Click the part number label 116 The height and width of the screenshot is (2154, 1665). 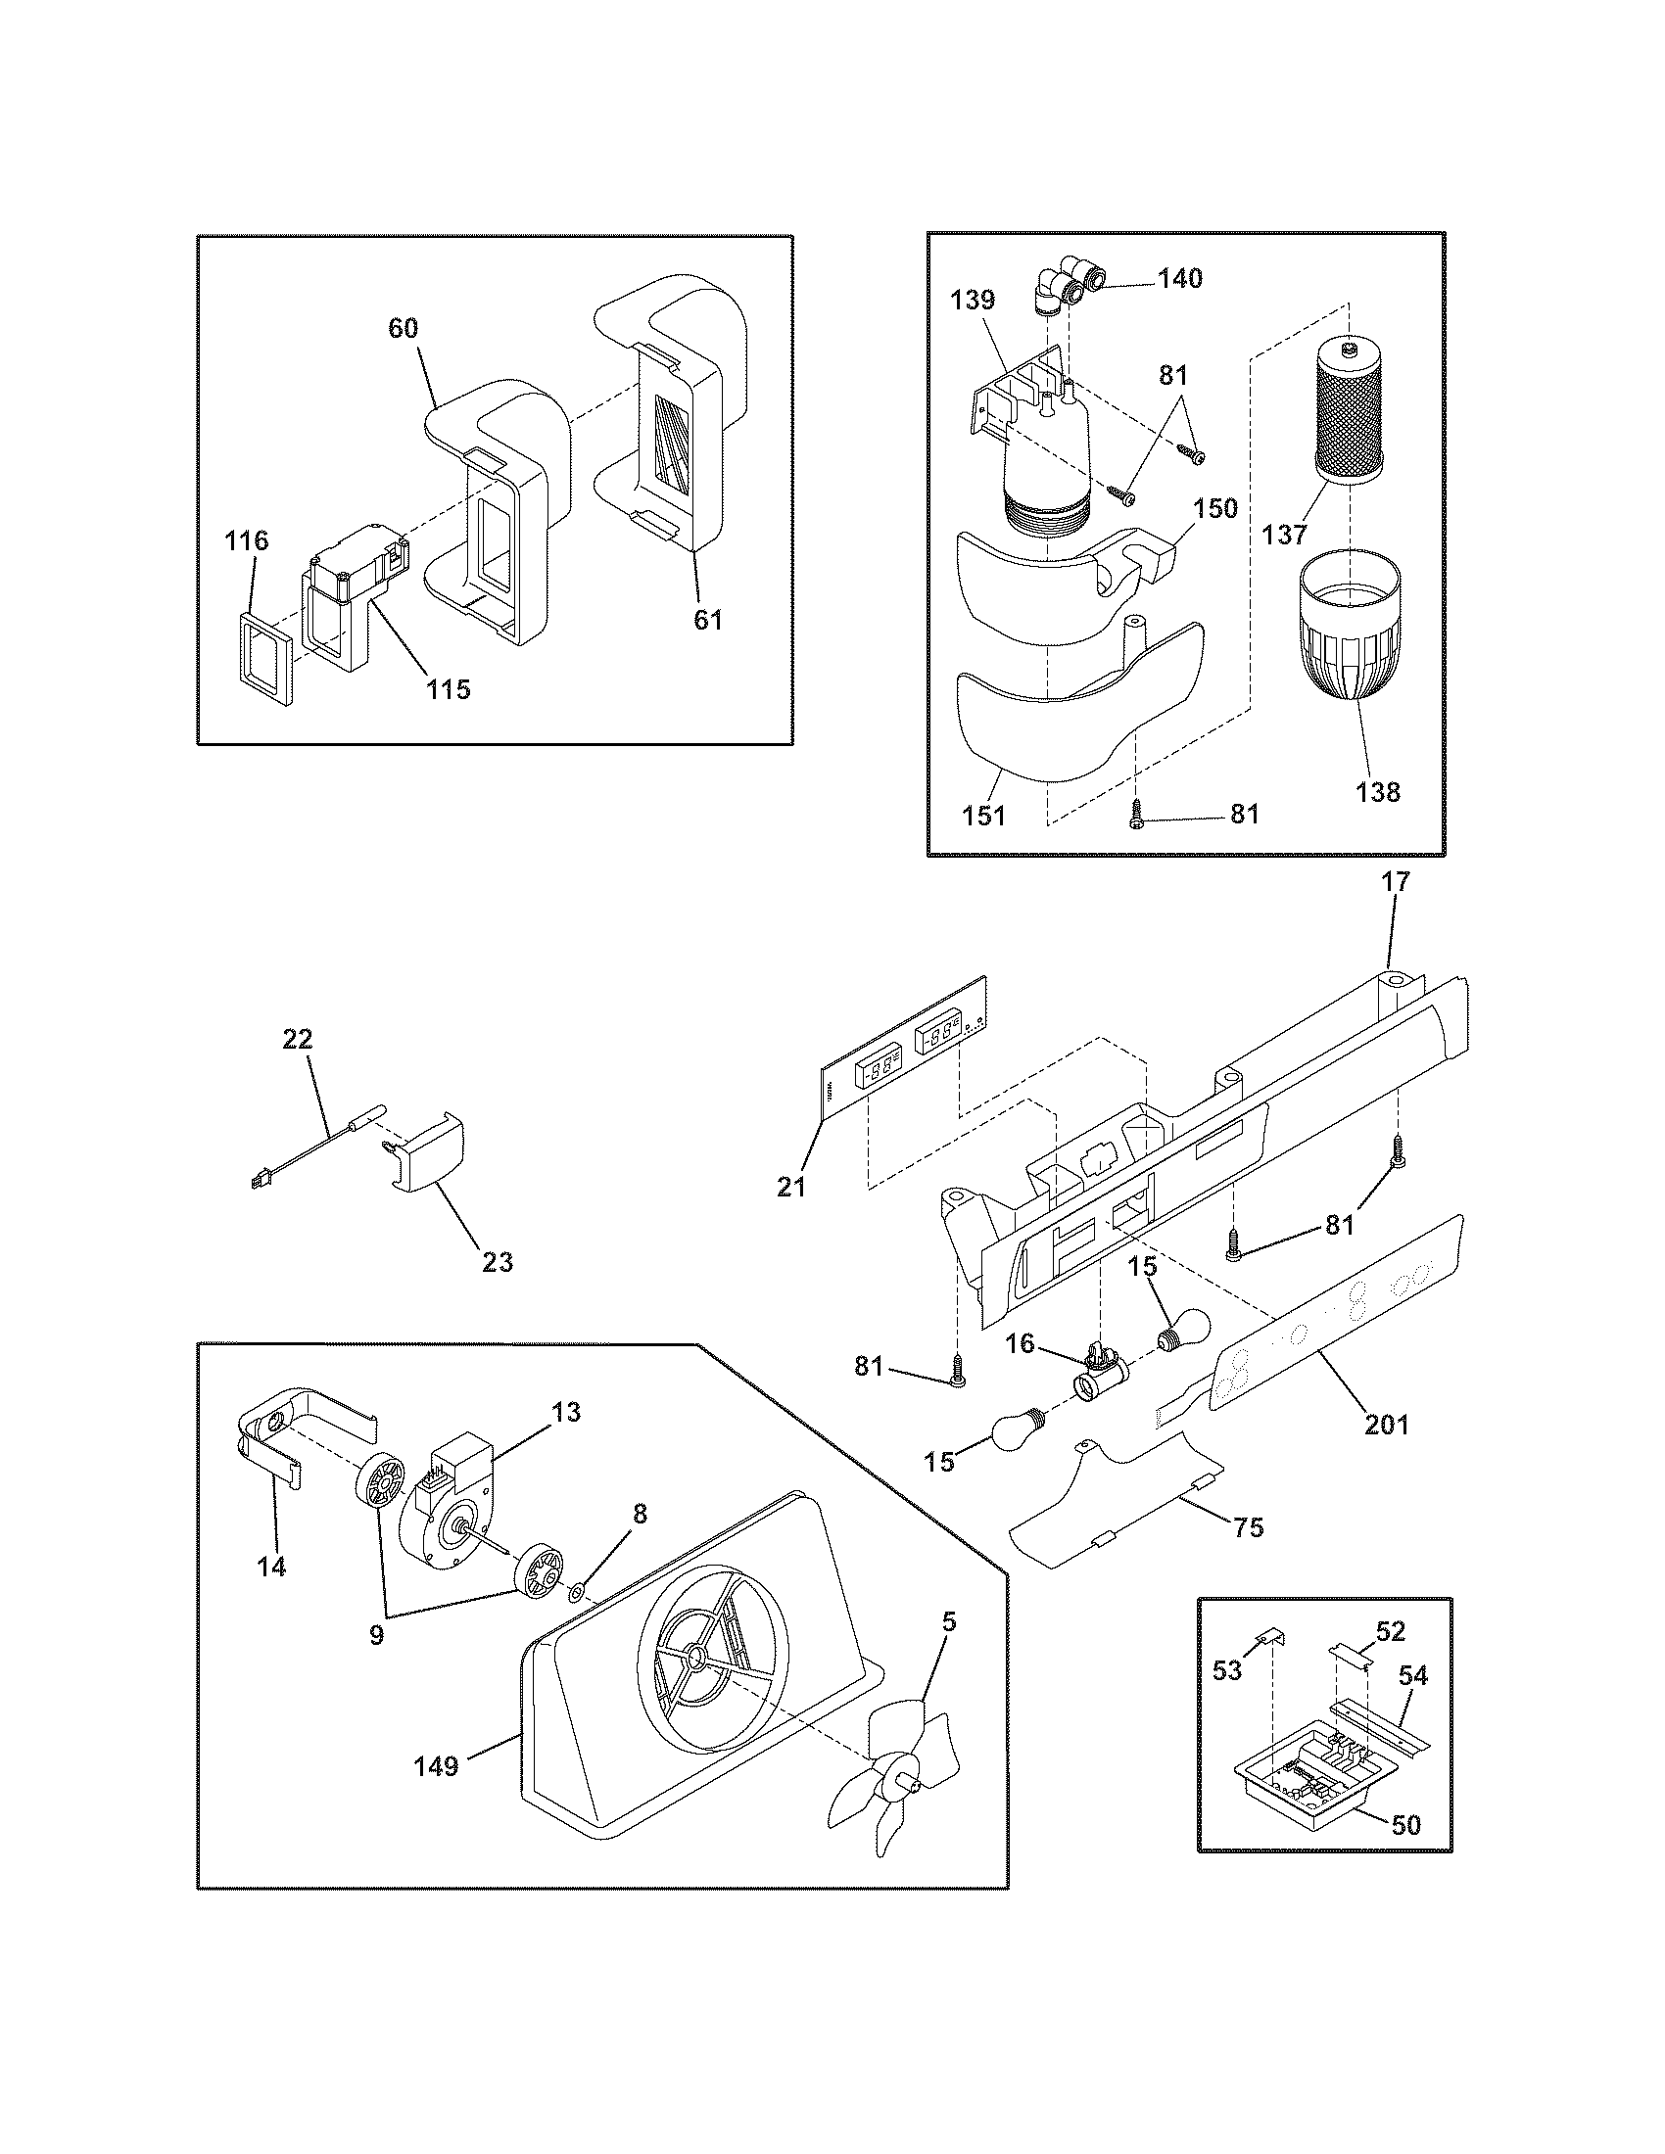coord(246,540)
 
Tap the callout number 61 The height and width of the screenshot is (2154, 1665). coord(707,621)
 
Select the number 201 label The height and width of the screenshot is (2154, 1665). coord(1386,1425)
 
